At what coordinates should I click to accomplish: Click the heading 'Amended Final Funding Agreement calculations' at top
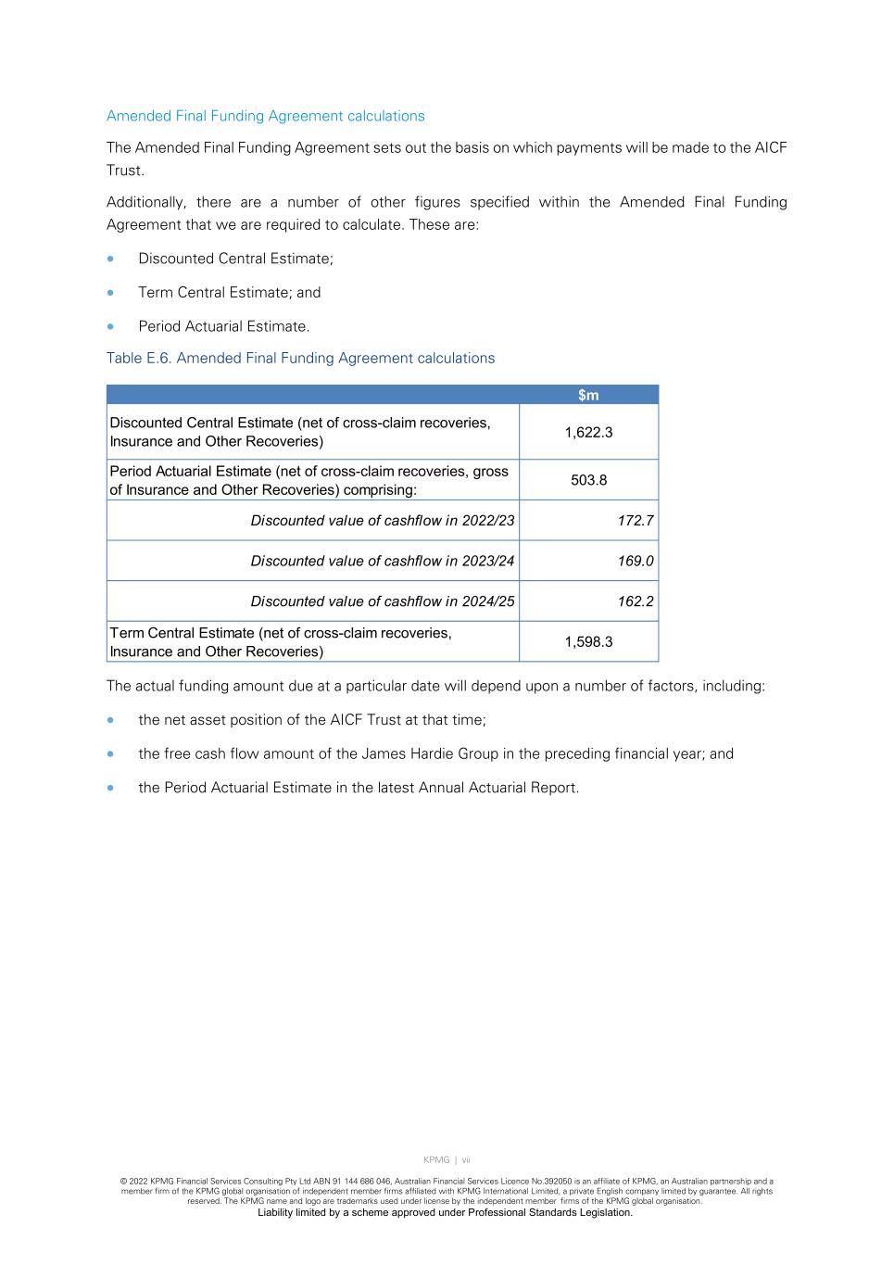click(x=265, y=116)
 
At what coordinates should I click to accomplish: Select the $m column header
click(x=588, y=396)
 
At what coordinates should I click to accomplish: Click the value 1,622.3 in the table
click(x=588, y=433)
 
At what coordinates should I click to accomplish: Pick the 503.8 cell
click(x=588, y=480)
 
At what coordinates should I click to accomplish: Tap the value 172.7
click(x=636, y=521)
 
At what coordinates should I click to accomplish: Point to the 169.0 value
click(x=636, y=561)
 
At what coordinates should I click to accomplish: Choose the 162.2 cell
click(x=636, y=601)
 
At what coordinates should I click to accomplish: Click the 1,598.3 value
click(x=588, y=642)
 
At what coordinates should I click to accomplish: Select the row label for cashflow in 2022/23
click(x=382, y=521)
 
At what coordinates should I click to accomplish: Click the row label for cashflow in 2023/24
click(x=382, y=561)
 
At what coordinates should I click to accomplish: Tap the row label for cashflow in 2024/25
click(x=382, y=601)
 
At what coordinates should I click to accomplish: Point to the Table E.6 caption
click(x=300, y=359)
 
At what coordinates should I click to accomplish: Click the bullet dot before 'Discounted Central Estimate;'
click(x=112, y=259)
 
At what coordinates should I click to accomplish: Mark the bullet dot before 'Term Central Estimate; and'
click(x=112, y=293)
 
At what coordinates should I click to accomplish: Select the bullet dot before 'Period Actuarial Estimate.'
click(x=112, y=326)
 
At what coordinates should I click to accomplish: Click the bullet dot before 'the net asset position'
click(x=112, y=720)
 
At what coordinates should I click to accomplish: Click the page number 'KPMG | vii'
click(x=447, y=1160)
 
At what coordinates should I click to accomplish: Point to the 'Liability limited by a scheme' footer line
click(x=445, y=1213)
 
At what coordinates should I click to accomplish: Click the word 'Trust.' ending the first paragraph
click(x=125, y=171)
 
